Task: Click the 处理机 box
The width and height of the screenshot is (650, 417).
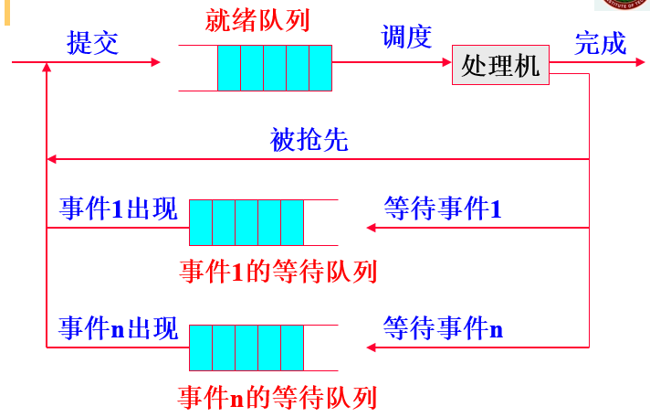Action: [500, 65]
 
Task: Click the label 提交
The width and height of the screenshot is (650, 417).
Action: [92, 43]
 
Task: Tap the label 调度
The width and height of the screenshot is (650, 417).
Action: [405, 37]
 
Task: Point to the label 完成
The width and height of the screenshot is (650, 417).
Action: [600, 43]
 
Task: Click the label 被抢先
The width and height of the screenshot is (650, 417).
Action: [309, 141]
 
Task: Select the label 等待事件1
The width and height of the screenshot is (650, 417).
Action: [443, 208]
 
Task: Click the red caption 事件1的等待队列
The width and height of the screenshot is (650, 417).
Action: [278, 272]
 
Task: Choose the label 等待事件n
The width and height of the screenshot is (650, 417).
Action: [443, 328]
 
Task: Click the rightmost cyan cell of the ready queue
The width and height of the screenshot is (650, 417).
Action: [320, 68]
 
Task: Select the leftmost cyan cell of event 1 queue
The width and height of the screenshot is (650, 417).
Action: [201, 222]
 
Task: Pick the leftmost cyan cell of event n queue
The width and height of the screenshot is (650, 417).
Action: [201, 347]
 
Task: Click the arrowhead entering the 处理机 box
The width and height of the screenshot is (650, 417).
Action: [446, 62]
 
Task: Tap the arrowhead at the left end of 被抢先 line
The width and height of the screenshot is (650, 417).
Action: [52, 159]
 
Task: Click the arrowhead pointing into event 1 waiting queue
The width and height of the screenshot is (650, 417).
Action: [370, 227]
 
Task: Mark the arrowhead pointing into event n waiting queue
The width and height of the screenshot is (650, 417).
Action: [370, 347]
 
